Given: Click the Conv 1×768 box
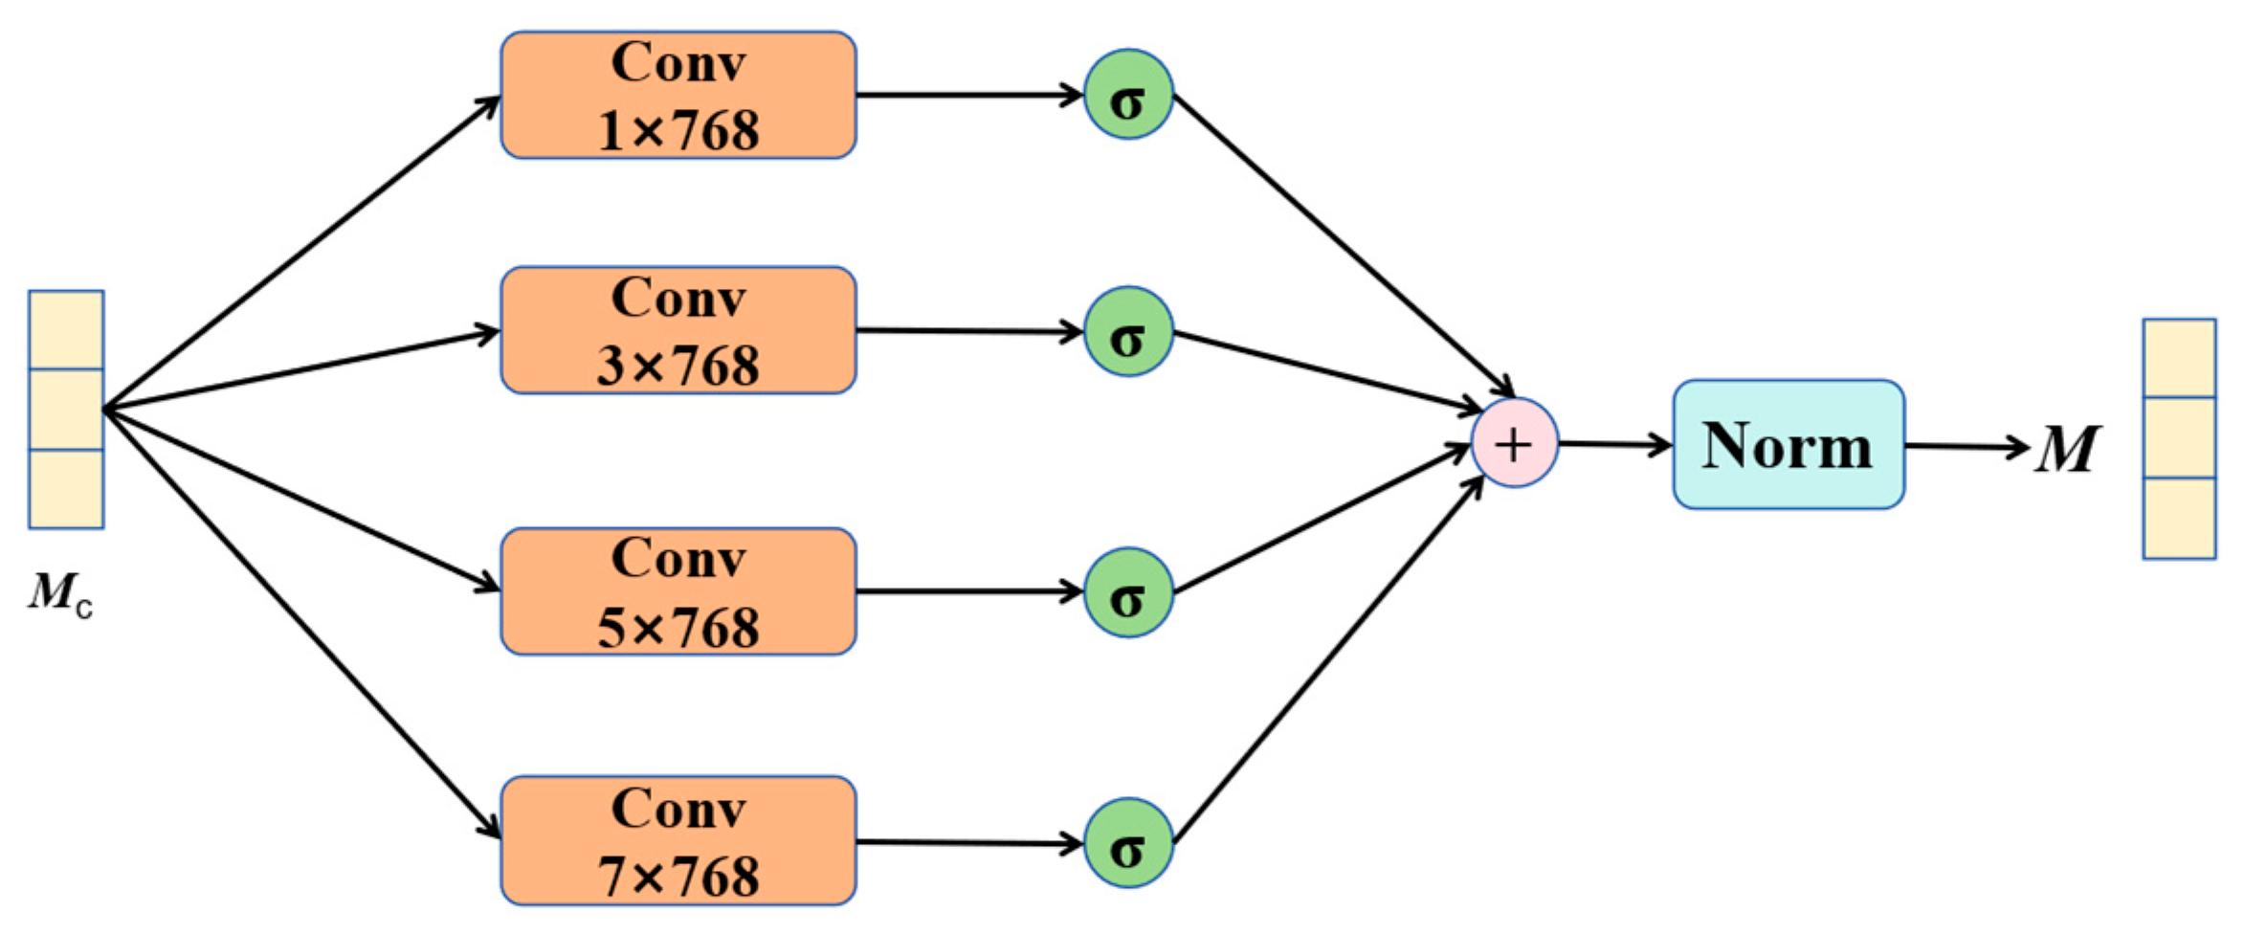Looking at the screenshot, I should [x=678, y=96].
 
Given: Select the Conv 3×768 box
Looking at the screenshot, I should [x=678, y=331].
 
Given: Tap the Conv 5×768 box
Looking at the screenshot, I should [x=678, y=591].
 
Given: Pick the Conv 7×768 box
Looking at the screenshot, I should [x=678, y=841].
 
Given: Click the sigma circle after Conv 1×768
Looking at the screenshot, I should [x=1128, y=96].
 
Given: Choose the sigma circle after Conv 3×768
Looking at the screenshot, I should [x=1128, y=332].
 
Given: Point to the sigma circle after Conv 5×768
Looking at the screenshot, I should [x=1128, y=592].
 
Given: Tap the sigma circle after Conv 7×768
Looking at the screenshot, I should [x=1128, y=843].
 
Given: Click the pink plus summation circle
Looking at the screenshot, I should [x=1514, y=444].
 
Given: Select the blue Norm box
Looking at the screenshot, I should [x=1788, y=445].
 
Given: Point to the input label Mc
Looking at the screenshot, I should [x=59, y=593].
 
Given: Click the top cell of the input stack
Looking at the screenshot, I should [x=66, y=330].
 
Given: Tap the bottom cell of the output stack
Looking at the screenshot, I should [x=2180, y=518].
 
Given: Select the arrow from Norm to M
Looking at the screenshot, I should [x=1966, y=447].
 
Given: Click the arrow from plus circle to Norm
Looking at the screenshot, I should [x=1615, y=444].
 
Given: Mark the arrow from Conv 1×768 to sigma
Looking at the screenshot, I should [x=968, y=96].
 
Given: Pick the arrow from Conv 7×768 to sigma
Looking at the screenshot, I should [x=968, y=843].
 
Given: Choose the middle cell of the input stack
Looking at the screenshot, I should [x=66, y=410].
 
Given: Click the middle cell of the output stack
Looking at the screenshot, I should [x=2180, y=437].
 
